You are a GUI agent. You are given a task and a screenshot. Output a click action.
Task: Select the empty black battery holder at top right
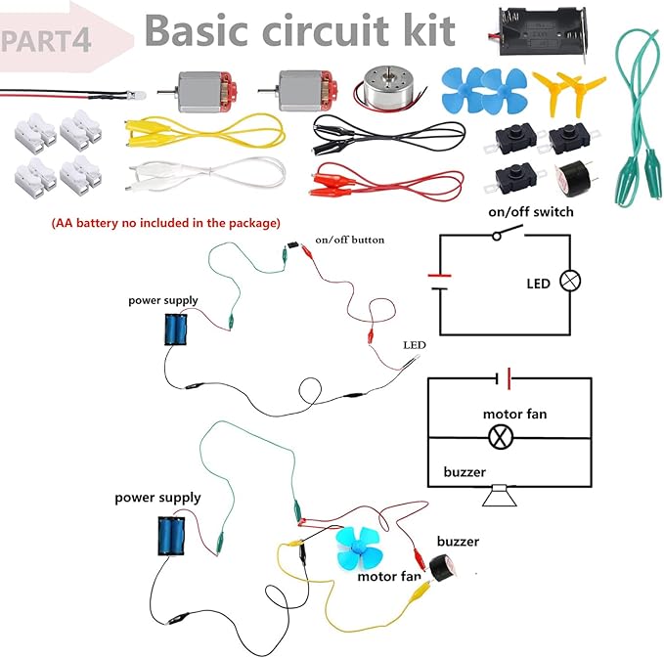pos(545,35)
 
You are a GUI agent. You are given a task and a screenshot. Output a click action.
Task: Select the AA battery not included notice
pos(165,223)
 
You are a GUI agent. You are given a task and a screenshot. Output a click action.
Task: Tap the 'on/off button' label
pos(349,240)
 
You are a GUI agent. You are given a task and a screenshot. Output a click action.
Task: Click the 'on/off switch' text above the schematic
pos(531,211)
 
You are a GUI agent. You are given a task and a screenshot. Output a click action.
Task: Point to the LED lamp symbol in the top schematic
pos(569,282)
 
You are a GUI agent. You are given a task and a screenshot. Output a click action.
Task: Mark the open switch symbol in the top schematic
pos(507,234)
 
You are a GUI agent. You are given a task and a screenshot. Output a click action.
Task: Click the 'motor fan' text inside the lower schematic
pos(514,414)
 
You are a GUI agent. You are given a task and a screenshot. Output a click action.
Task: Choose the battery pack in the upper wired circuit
pos(177,329)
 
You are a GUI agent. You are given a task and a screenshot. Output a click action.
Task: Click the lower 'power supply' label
pos(157,498)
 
